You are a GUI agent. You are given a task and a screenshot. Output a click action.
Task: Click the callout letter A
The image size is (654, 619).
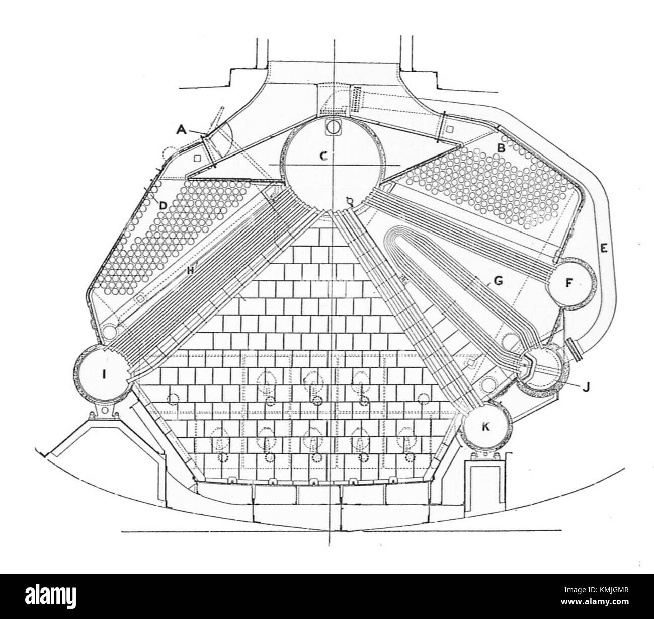[x=181, y=129]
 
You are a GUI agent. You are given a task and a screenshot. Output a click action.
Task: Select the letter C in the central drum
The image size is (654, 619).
[x=324, y=156]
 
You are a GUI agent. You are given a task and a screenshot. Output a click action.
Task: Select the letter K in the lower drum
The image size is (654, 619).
[x=485, y=427]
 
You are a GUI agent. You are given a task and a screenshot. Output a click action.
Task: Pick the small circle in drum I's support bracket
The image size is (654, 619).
[x=105, y=411]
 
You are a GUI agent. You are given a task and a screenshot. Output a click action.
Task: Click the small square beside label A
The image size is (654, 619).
[x=197, y=158]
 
